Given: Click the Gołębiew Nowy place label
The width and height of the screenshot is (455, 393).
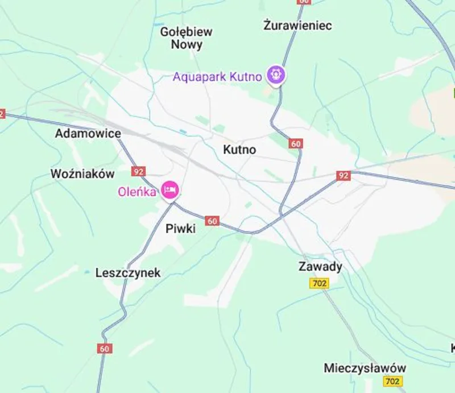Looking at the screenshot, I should [x=186, y=38].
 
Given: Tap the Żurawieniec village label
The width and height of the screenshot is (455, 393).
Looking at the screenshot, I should [x=297, y=25].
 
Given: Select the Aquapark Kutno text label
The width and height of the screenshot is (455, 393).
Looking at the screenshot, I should [x=217, y=76].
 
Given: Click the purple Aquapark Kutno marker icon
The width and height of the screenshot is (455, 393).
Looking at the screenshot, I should [x=277, y=75].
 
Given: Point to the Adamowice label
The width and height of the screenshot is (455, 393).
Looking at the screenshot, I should [x=88, y=134].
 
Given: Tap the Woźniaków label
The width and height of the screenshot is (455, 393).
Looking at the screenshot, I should [x=82, y=174].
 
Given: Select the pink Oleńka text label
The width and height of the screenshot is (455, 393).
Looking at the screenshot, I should [x=137, y=192].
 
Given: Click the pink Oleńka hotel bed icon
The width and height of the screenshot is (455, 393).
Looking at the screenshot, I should [x=169, y=189].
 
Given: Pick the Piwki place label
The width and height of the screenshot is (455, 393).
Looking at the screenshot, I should [x=180, y=229].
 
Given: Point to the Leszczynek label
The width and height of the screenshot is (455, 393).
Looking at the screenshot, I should [x=128, y=273].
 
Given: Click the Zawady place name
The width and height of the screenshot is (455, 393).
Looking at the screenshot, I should [x=320, y=267].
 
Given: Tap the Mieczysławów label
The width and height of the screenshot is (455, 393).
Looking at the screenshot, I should [x=365, y=367].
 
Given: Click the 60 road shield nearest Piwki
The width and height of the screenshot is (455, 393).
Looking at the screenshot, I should [x=212, y=221].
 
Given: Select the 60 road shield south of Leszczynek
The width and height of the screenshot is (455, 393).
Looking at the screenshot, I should [x=104, y=349].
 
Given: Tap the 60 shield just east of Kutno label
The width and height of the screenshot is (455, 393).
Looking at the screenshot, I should [x=295, y=143].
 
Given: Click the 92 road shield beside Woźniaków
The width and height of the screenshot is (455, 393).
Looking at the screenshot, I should [x=138, y=171].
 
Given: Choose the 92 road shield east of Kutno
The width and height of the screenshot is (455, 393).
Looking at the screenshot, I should [x=342, y=176].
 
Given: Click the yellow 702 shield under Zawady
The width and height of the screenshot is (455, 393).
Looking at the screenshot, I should [x=320, y=283].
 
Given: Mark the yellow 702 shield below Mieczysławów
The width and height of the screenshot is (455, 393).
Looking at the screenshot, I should [x=392, y=381].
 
